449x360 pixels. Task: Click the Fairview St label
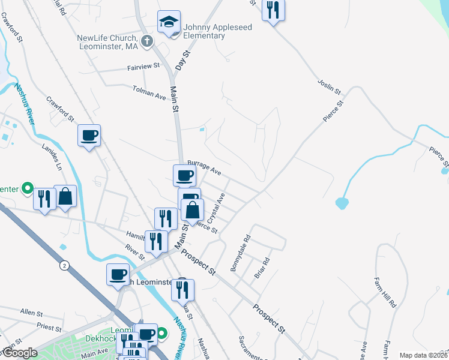point(143,66)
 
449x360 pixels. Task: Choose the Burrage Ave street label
point(204,167)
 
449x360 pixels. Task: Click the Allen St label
point(31,313)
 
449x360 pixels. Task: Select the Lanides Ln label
point(52,154)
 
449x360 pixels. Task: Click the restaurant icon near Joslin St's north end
point(273,10)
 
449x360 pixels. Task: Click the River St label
point(136,252)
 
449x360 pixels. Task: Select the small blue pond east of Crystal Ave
point(342,203)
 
